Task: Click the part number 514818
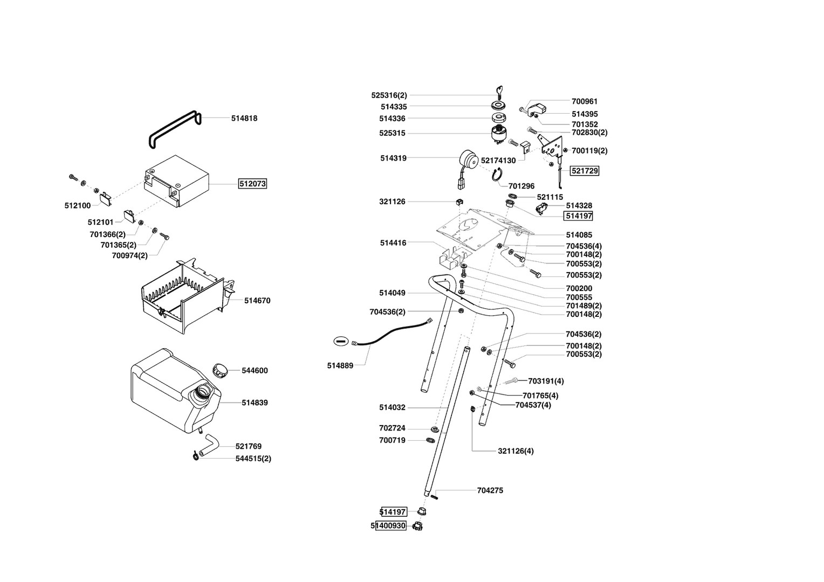click(244, 118)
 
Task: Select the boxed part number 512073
click(252, 184)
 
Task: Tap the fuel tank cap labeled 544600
click(219, 370)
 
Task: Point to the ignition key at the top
click(498, 91)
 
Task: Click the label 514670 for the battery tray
click(257, 301)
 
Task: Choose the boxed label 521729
click(585, 170)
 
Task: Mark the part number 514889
click(340, 365)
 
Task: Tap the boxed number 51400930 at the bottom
click(390, 525)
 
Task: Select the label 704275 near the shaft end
click(490, 490)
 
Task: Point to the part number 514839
click(255, 403)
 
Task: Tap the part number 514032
click(392, 407)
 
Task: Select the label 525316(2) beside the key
click(389, 95)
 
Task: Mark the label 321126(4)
click(516, 451)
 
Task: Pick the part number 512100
click(78, 206)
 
